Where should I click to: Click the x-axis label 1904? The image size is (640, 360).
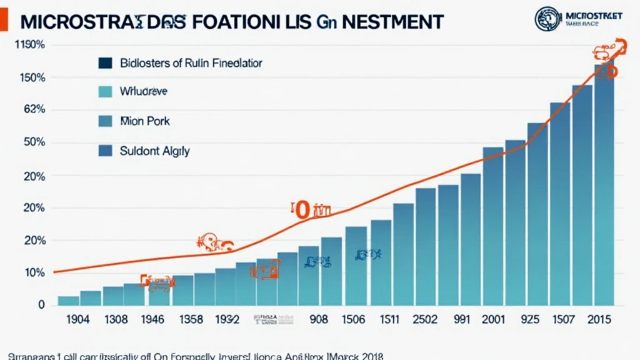pyautogui.click(x=77, y=319)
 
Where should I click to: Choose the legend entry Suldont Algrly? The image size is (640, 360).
pyautogui.click(x=154, y=151)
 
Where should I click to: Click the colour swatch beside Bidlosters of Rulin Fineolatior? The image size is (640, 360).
pyautogui.click(x=105, y=63)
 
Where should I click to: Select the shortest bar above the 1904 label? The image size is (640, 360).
pyautogui.click(x=68, y=301)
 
